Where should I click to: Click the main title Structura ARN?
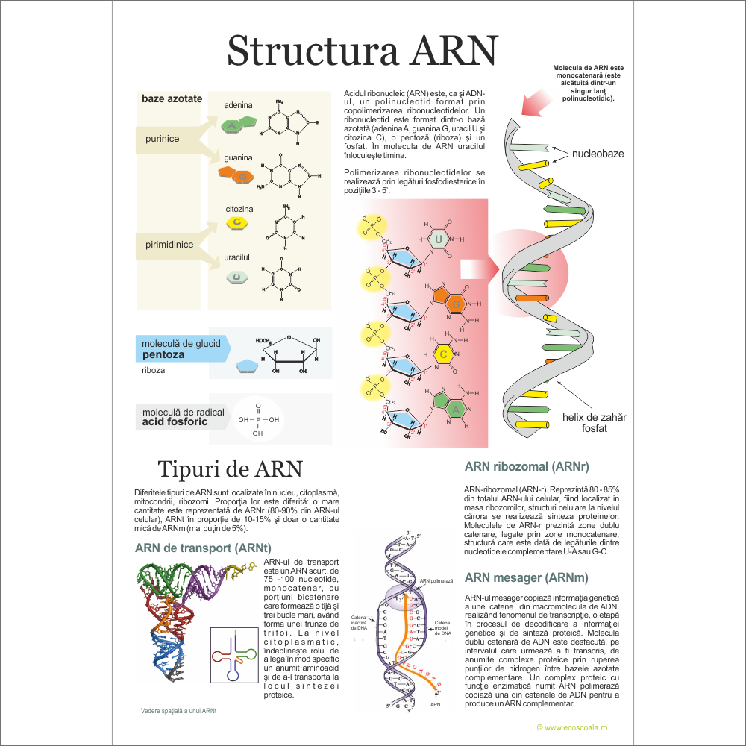pos(362,50)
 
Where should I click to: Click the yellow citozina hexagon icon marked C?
pos(236,222)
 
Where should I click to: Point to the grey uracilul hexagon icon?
pos(236,278)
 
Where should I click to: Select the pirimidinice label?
pos(169,244)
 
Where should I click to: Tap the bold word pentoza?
pos(163,354)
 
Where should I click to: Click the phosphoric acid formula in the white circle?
pos(258,420)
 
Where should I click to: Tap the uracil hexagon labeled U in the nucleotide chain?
pos(440,239)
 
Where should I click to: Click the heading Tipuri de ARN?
pos(230,469)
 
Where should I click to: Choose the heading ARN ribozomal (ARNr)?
pos(527,467)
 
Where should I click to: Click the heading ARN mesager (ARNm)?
pos(526,577)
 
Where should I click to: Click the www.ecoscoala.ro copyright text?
pos(573,727)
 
